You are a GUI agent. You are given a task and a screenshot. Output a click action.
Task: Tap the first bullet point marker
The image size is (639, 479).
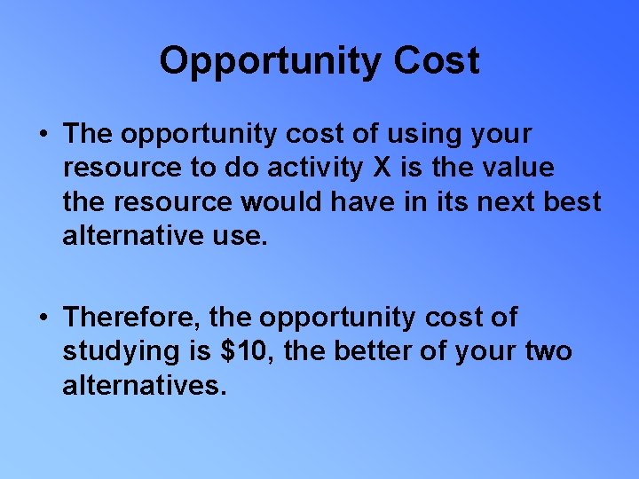click(x=43, y=136)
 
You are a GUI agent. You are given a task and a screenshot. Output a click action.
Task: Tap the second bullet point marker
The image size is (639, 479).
click(x=43, y=318)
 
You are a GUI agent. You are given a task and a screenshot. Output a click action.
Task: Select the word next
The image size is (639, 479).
click(x=508, y=202)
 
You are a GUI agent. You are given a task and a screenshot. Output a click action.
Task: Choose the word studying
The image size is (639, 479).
click(x=121, y=351)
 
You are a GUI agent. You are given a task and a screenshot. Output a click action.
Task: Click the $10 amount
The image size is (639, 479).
click(x=243, y=351)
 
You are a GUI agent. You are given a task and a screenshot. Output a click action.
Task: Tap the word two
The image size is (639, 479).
click(x=548, y=351)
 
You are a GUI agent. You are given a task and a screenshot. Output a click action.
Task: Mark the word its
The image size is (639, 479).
click(x=453, y=202)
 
